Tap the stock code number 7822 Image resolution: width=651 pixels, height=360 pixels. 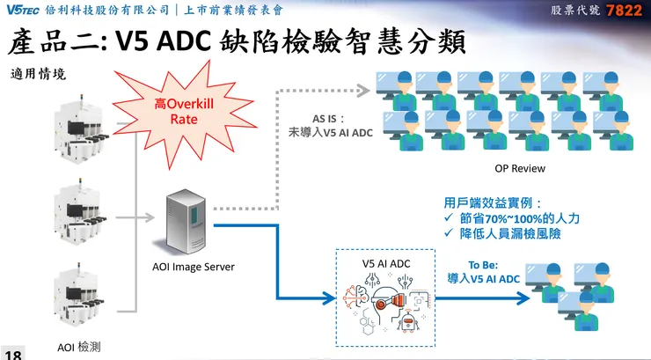point(630,11)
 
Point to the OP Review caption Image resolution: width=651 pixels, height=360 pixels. point(521,168)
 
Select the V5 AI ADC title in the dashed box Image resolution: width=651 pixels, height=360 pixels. point(387,262)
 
